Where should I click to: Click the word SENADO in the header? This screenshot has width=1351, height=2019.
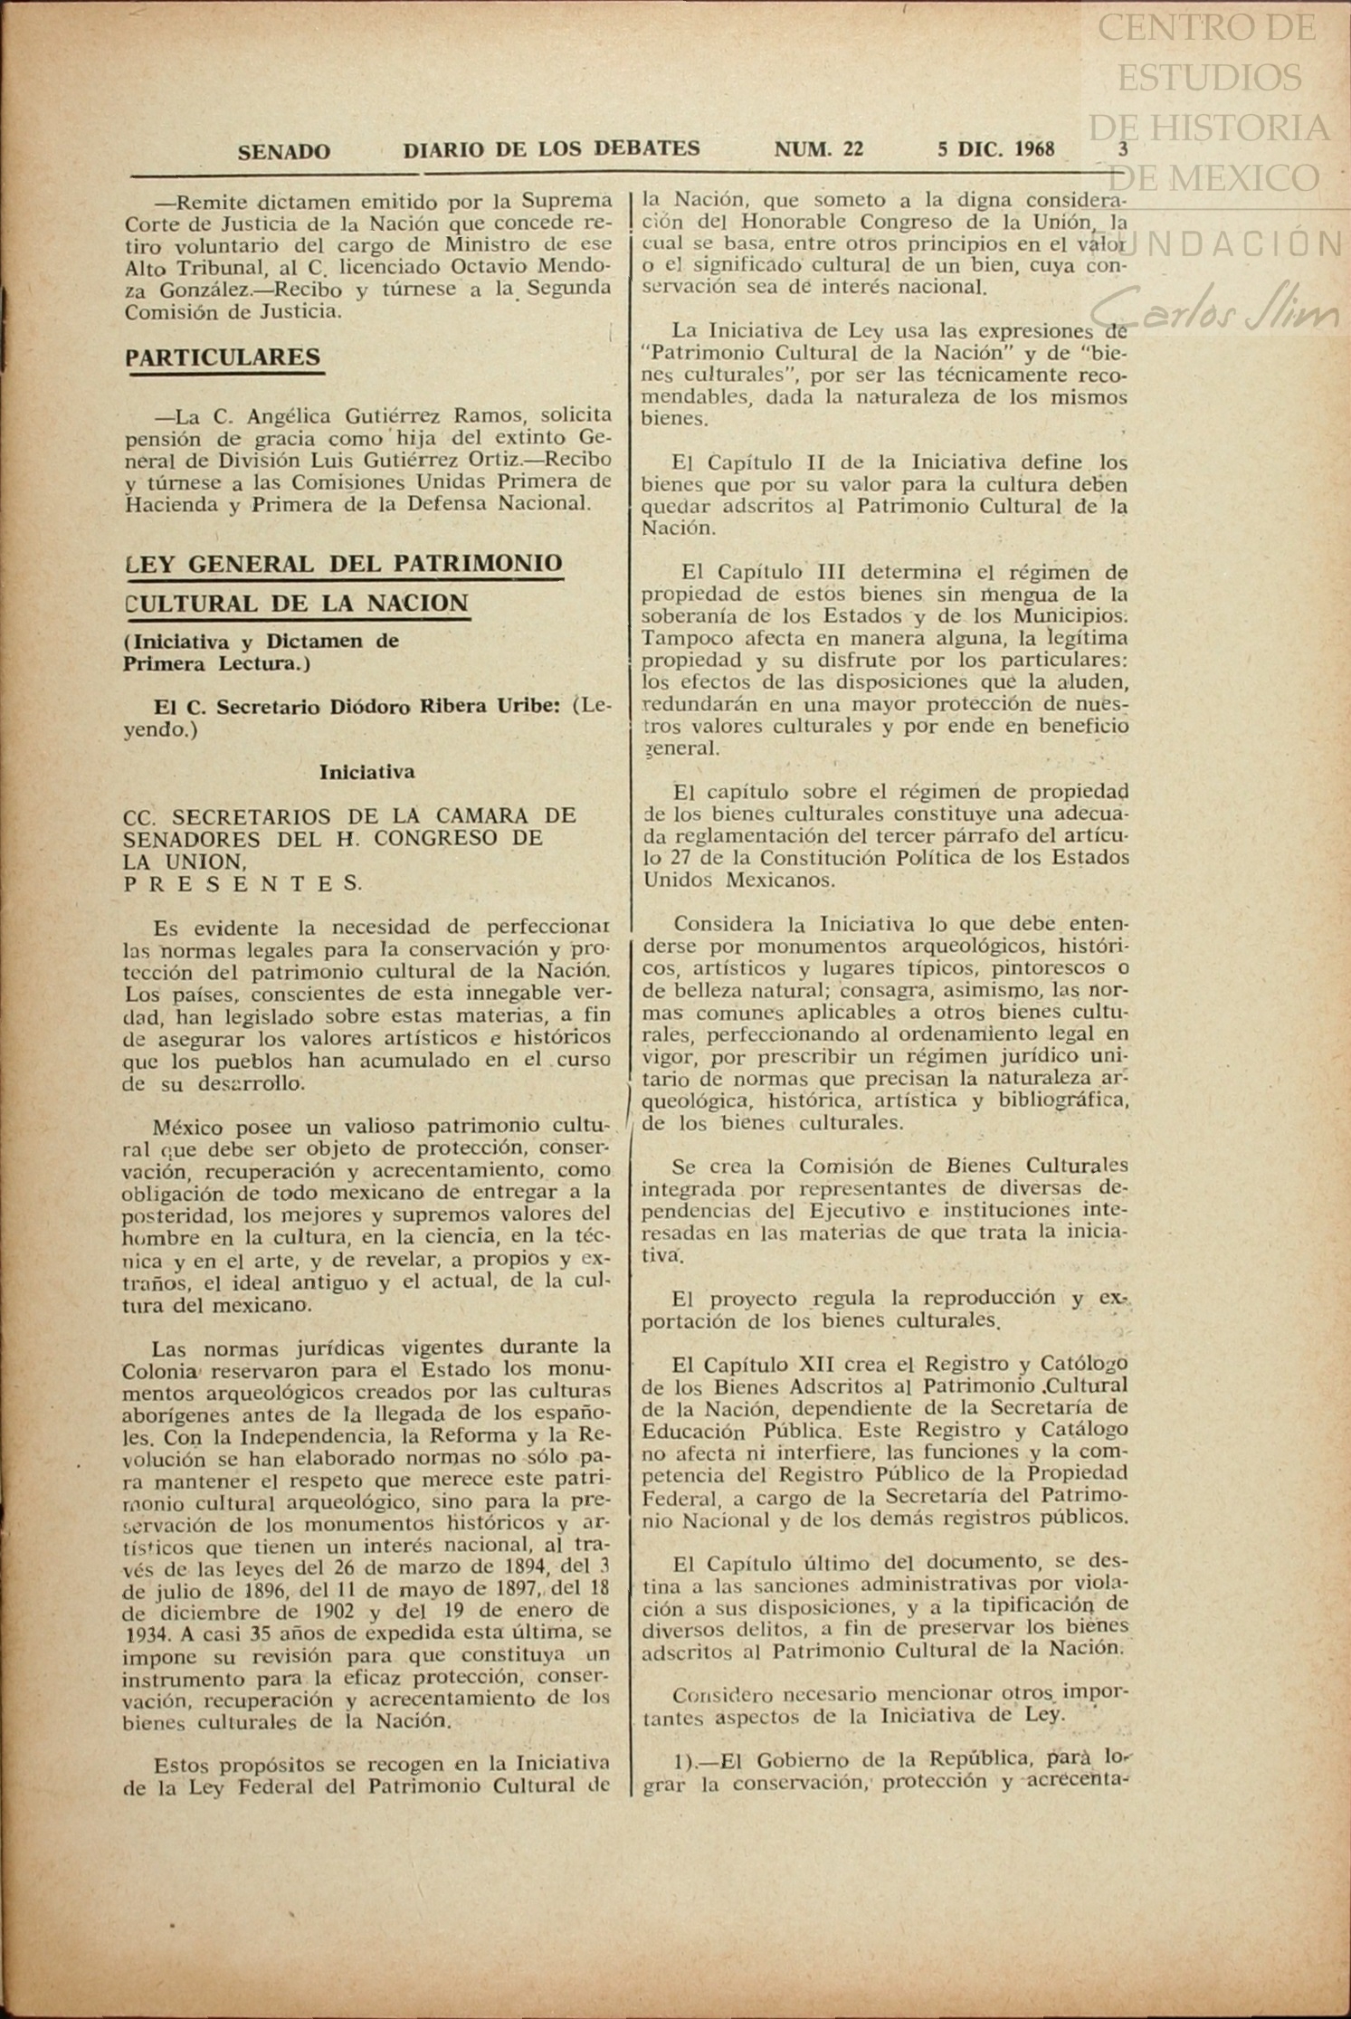tap(283, 152)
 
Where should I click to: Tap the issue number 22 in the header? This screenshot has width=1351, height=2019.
tap(852, 150)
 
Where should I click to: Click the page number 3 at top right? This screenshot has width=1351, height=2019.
tap(1123, 150)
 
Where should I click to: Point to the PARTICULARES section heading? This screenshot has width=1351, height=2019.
tap(223, 357)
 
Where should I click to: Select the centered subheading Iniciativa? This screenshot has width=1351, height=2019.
tap(366, 772)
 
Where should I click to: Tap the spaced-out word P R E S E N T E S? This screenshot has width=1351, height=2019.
tap(243, 883)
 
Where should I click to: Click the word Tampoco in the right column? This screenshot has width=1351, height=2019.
tap(680, 638)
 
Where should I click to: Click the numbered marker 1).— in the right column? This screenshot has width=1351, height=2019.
tap(695, 1760)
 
